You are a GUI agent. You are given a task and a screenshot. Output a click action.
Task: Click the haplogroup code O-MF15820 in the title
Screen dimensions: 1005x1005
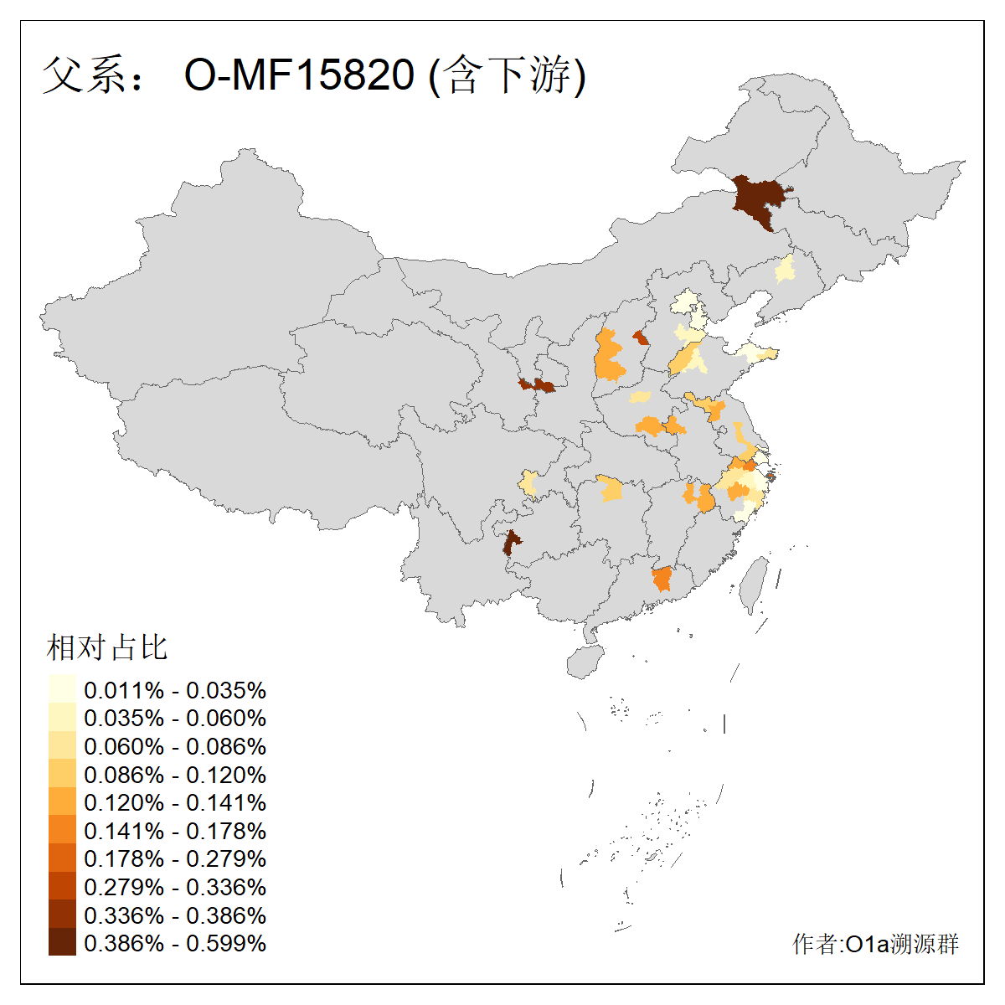299,75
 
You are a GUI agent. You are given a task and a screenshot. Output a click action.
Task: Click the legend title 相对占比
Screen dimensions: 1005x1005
107,647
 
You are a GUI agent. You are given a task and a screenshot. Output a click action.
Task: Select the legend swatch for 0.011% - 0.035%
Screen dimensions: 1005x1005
62,689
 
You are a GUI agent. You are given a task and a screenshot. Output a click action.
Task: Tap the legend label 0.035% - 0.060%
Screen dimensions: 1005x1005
175,719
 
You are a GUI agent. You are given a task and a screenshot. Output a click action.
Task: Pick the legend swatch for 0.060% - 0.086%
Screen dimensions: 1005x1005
62,746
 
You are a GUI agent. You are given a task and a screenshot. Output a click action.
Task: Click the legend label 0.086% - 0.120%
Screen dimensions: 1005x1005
175,775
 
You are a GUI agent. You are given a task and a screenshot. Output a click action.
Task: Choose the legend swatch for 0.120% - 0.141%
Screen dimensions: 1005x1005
62,802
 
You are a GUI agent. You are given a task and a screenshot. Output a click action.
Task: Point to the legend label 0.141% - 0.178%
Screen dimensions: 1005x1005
175,831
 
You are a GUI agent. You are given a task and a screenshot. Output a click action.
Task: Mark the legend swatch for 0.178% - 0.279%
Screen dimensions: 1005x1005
62,858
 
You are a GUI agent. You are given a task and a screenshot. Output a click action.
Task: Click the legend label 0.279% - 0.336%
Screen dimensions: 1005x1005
175,887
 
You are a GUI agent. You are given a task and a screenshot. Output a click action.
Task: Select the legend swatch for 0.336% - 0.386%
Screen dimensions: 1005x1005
62,915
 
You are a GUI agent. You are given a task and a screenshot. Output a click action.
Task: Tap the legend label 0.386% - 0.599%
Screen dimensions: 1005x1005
175,943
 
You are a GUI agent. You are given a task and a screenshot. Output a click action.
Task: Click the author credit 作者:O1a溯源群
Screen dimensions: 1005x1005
875,945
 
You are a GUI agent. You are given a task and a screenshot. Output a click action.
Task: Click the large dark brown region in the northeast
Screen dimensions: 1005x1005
759,199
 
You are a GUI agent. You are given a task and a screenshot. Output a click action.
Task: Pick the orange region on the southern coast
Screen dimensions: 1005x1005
662,579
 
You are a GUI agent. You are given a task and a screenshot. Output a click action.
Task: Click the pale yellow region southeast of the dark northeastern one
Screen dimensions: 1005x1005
786,270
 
